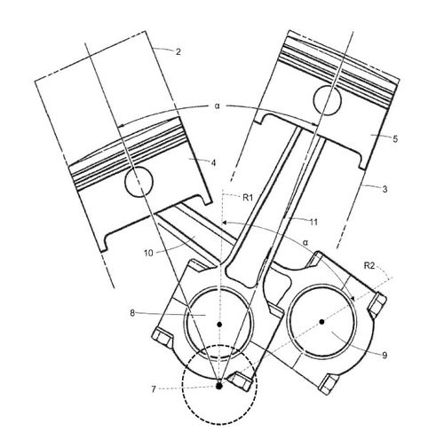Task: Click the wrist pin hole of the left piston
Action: (x=140, y=184)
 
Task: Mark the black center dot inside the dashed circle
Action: (x=218, y=385)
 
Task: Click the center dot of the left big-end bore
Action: (x=219, y=325)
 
